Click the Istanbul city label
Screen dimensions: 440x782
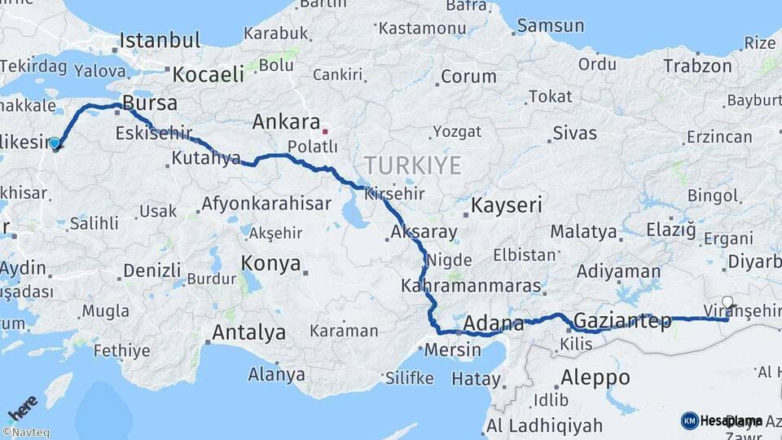pos(160,41)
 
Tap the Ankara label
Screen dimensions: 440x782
pos(286,122)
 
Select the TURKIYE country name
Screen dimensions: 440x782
pos(412,166)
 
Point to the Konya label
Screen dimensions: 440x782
pos(270,264)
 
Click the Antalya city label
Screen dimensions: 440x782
pos(248,332)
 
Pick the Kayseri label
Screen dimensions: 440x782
pos(507,205)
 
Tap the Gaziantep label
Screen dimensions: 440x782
pos(622,320)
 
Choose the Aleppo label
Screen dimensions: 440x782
pos(595,377)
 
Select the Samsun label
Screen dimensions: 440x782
pos(551,25)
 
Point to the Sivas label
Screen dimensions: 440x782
pos(574,133)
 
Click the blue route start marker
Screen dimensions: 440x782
pos(55,144)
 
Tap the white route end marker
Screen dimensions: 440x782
pos(727,301)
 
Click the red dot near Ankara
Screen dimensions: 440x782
pos(325,130)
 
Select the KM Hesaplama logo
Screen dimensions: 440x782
pos(722,420)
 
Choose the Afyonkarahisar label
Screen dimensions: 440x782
pos(265,205)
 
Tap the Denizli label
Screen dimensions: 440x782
pos(152,270)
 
